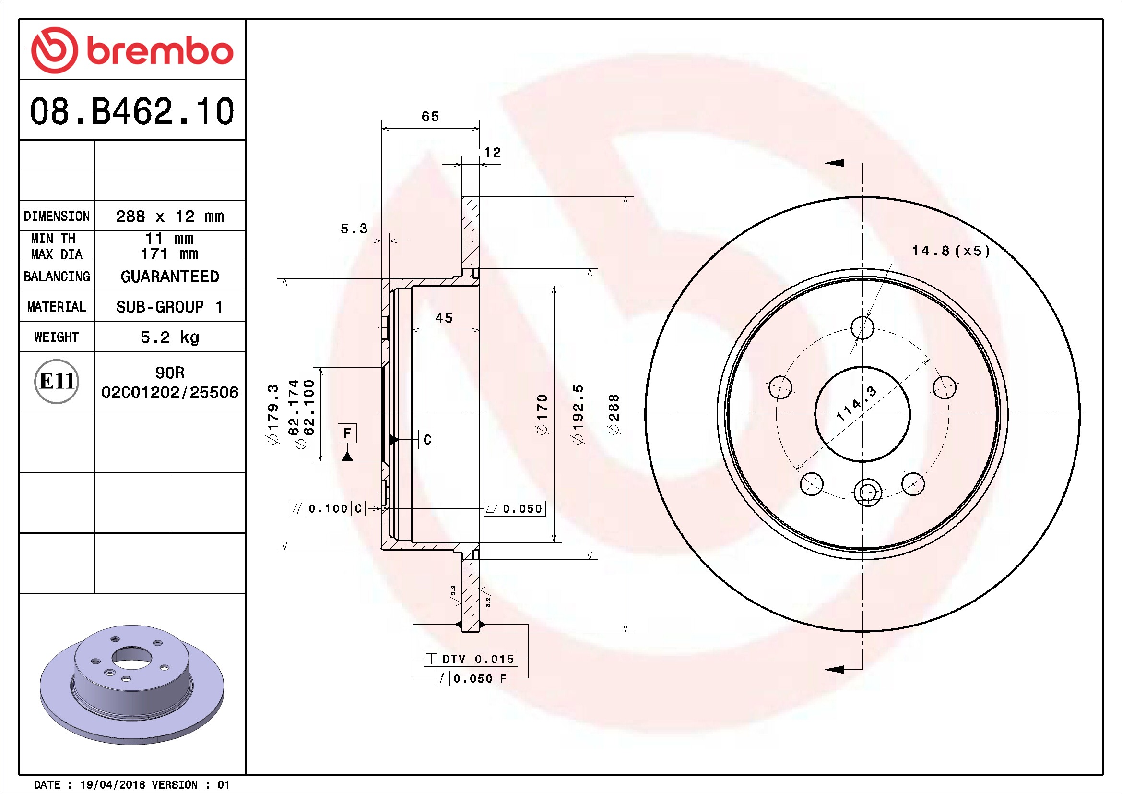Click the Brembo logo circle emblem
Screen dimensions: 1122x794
(x=54, y=50)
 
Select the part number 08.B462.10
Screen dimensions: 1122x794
(x=132, y=111)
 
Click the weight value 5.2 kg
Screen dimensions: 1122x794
(x=169, y=337)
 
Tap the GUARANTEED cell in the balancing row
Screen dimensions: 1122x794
(x=169, y=277)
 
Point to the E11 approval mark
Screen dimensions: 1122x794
(x=57, y=381)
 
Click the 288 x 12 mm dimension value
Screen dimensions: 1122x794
(x=169, y=216)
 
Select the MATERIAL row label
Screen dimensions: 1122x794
(x=57, y=307)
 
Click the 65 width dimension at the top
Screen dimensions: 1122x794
(x=430, y=116)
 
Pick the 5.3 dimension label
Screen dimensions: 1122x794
(x=354, y=229)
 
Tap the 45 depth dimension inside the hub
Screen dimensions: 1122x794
(x=444, y=318)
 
